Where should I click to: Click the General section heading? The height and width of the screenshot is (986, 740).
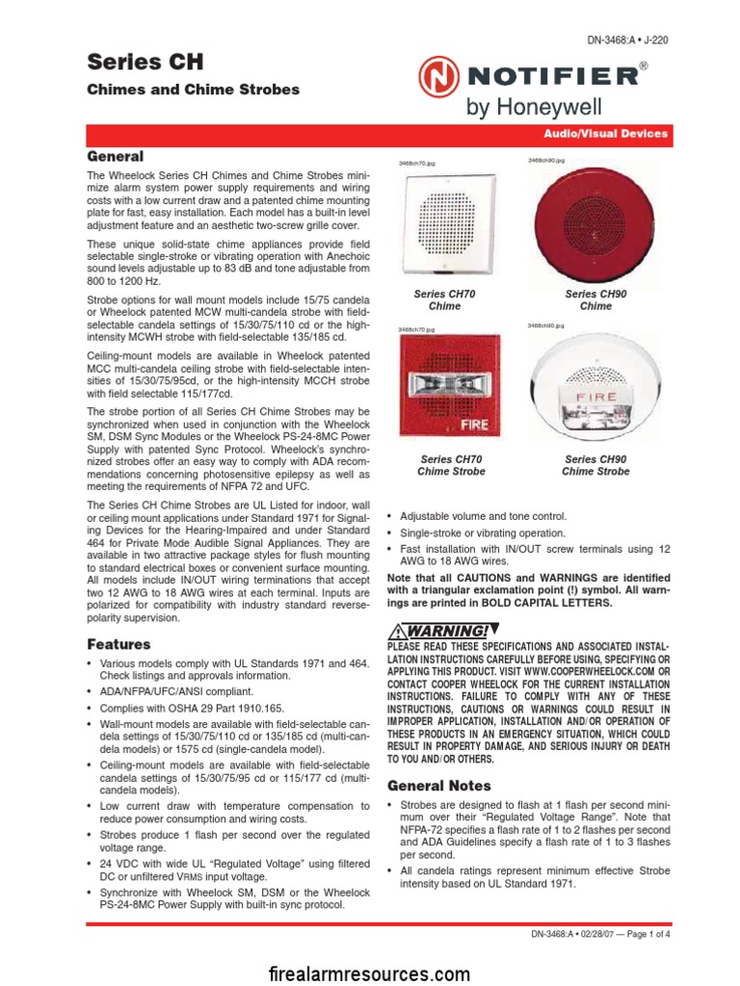(x=116, y=156)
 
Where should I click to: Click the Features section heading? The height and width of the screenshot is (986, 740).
(x=119, y=644)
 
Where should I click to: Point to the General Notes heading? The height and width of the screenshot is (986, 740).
(x=439, y=785)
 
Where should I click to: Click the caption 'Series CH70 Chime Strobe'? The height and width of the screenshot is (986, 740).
(x=451, y=466)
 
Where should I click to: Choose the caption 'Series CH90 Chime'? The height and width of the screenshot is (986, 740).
(x=595, y=299)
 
